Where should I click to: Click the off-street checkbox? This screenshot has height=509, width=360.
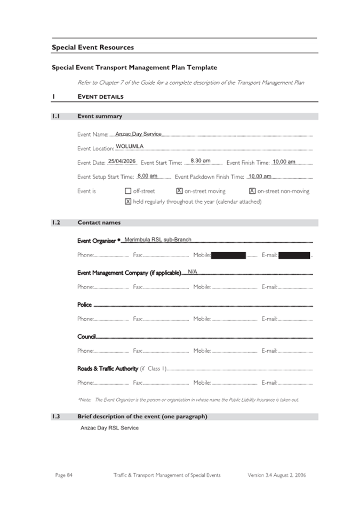click(x=128, y=191)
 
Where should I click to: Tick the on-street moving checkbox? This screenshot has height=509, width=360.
click(x=179, y=191)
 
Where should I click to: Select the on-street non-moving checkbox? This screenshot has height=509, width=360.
click(x=252, y=191)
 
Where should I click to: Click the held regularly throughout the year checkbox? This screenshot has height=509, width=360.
click(x=128, y=202)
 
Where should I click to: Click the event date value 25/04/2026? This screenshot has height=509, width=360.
click(x=122, y=161)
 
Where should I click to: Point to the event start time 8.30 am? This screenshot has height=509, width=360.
click(x=201, y=161)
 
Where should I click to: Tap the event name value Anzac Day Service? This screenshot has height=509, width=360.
click(x=138, y=134)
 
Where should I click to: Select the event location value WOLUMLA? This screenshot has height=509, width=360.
click(x=130, y=146)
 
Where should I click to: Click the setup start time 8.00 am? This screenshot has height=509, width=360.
click(x=147, y=176)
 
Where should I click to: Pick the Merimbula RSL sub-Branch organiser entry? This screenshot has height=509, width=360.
click(x=158, y=240)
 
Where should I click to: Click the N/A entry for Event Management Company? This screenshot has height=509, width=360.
click(x=193, y=272)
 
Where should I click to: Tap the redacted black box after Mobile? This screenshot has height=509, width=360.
click(x=229, y=256)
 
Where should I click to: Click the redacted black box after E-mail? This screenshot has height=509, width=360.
click(x=294, y=256)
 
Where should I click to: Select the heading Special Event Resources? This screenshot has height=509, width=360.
click(x=93, y=47)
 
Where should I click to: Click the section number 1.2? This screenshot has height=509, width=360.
click(x=56, y=222)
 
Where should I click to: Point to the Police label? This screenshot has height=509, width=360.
click(x=84, y=305)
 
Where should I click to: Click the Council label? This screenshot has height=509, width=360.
click(x=86, y=337)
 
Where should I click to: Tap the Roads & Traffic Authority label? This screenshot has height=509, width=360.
click(x=108, y=369)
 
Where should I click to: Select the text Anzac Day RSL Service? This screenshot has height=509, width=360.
click(x=109, y=428)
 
